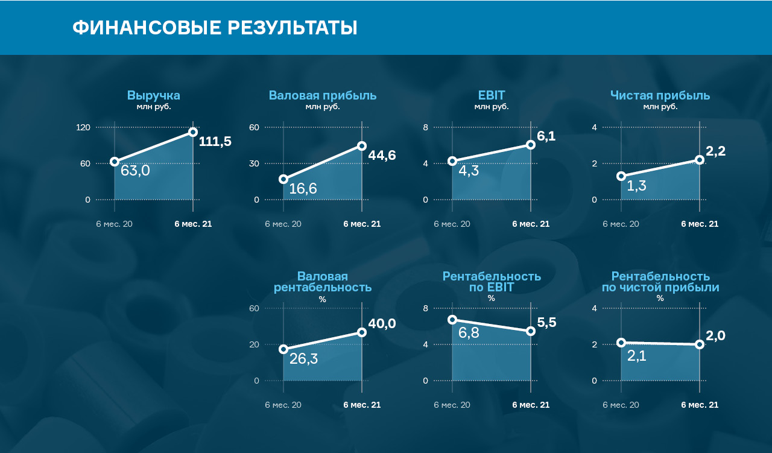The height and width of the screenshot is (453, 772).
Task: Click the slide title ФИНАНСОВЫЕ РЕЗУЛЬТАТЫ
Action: click(x=215, y=28)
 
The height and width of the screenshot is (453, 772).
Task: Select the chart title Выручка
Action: click(x=153, y=95)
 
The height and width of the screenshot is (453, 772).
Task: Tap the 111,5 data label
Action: click(x=215, y=142)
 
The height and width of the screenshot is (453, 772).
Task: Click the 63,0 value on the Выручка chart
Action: click(x=135, y=171)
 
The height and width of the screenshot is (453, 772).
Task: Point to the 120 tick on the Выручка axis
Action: click(x=83, y=127)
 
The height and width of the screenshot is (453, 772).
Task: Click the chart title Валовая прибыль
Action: click(x=323, y=95)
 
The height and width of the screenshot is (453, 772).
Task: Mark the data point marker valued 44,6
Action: click(x=362, y=146)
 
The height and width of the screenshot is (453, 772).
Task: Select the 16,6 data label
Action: click(x=303, y=189)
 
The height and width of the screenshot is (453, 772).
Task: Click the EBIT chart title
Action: click(x=491, y=95)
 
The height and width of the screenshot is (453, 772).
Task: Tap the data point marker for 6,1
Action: click(x=531, y=145)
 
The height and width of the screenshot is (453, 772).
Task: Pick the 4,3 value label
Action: click(x=469, y=171)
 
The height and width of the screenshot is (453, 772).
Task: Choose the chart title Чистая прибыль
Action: click(x=660, y=95)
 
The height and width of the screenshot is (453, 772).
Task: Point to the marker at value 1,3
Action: click(x=621, y=176)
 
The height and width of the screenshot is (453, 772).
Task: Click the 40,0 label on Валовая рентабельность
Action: click(x=382, y=324)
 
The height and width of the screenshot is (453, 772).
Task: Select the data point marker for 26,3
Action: click(x=283, y=349)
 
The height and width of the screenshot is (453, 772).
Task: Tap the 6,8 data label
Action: click(x=469, y=332)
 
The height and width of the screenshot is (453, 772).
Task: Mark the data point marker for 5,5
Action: click(x=531, y=331)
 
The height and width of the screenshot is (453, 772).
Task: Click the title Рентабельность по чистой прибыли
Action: click(x=660, y=282)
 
